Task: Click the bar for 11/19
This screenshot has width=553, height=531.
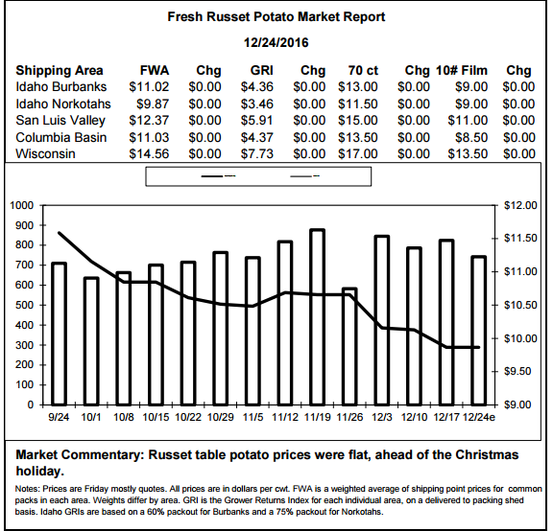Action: [318, 317]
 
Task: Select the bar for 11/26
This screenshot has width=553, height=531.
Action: [349, 346]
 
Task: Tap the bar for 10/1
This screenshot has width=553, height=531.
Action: [91, 341]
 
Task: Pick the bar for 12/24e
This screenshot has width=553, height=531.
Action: [479, 331]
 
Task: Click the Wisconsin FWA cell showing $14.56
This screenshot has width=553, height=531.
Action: [149, 154]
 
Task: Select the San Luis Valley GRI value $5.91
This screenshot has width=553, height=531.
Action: [256, 121]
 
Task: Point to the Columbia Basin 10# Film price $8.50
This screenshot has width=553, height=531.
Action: [471, 137]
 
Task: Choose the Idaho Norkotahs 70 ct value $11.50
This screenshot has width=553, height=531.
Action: [358, 104]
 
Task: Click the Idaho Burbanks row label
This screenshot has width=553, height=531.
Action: [61, 87]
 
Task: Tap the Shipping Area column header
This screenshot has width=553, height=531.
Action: [60, 70]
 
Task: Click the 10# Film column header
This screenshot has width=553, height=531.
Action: [462, 70]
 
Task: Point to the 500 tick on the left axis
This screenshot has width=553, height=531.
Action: [25, 305]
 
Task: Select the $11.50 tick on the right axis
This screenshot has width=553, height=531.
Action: [520, 239]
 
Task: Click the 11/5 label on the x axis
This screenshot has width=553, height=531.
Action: [252, 417]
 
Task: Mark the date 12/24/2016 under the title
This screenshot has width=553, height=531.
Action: [276, 43]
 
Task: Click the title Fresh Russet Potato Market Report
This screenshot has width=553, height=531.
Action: [276, 17]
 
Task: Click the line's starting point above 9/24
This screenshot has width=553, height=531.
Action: [59, 233]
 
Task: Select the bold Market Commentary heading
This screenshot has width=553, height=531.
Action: [80, 454]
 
